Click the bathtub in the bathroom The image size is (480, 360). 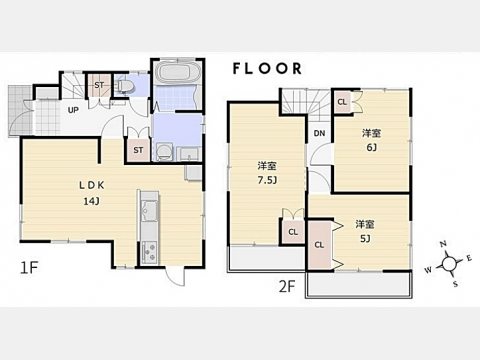pos(177,72)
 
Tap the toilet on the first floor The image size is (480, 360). pos(126,86)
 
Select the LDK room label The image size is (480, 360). pos(92,185)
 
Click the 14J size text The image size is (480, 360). pos(92,201)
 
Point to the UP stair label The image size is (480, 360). pos(73,110)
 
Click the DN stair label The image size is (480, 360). pos(319,133)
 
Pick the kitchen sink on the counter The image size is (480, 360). pos(149,211)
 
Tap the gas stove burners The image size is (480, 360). pos(149,252)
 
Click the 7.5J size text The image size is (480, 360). pos(267,180)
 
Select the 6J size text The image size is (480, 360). pos(371,147)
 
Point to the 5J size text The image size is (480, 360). pos(365,239)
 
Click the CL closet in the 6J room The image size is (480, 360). pos(342,102)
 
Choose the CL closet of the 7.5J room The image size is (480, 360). pos(293,232)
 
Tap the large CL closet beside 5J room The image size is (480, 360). pos(319,245)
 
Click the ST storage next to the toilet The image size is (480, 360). pos(99,85)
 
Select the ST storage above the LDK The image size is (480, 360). pos(138,150)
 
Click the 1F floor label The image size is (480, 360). pos(29,268)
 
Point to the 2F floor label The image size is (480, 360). pos(287,286)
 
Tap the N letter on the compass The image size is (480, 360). pos(443,244)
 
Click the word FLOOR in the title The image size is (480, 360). pos(267,69)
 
